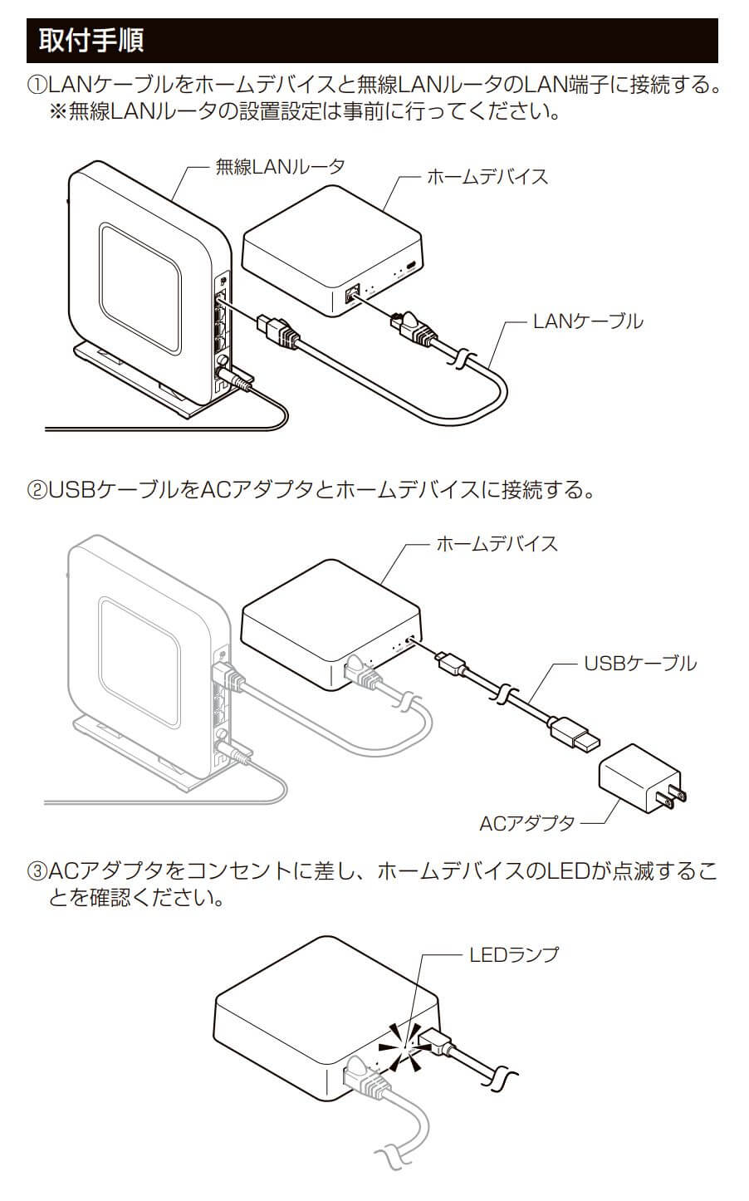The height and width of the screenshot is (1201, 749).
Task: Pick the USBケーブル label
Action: [x=640, y=663]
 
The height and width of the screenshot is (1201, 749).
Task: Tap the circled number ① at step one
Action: [x=38, y=85]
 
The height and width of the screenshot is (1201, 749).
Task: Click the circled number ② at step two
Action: [x=38, y=490]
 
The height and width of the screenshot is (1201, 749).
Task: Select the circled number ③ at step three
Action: [x=38, y=871]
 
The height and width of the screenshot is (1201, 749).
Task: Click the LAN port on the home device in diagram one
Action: [x=351, y=292]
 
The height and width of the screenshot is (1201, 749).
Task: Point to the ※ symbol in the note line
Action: [x=59, y=111]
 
